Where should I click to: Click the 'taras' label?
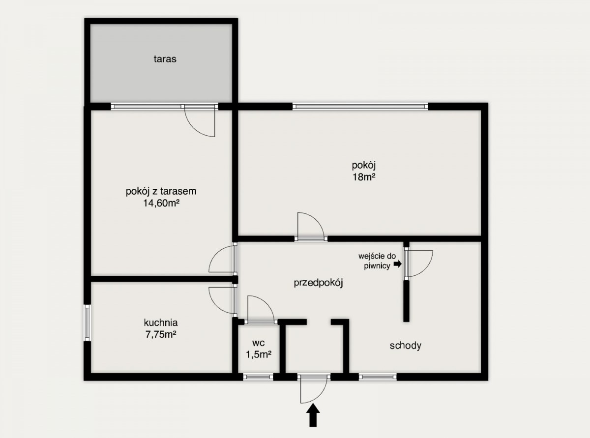tap(165, 59)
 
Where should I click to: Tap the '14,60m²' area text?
tap(161, 203)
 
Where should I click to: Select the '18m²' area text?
tap(364, 177)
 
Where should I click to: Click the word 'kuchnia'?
tap(161, 322)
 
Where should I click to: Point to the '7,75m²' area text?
tap(161, 334)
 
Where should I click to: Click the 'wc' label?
tap(258, 343)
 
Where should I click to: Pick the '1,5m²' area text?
tap(259, 354)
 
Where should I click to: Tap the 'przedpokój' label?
tap(319, 283)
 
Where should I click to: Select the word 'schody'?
tap(406, 346)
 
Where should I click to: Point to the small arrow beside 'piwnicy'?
tap(398, 264)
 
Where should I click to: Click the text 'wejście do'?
tap(377, 256)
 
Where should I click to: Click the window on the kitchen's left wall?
tap(87, 322)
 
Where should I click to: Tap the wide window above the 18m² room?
tap(360, 107)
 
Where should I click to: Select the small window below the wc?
tap(258, 377)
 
